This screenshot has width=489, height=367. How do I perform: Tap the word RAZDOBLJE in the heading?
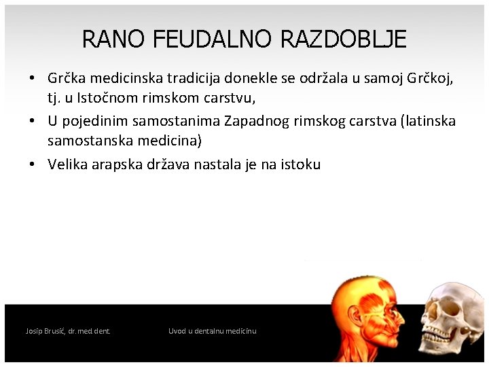pyautogui.click(x=344, y=39)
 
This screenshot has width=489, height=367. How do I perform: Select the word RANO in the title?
pyautogui.click(x=113, y=39)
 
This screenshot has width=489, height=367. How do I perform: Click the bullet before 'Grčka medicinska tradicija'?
pyautogui.click(x=32, y=77)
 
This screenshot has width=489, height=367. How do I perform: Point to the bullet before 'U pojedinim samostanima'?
pyautogui.click(x=32, y=120)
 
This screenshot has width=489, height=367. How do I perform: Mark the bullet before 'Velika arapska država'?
pyautogui.click(x=32, y=164)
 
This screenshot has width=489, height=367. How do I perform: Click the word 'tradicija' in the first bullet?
pyautogui.click(x=194, y=78)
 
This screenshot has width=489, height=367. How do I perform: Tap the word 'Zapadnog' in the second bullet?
pyautogui.click(x=257, y=121)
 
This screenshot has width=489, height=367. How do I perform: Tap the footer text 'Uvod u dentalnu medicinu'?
pyautogui.click(x=213, y=331)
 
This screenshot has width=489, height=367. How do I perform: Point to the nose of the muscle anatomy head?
pyautogui.click(x=400, y=318)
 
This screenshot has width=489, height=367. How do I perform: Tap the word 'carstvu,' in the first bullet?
pyautogui.click(x=230, y=99)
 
